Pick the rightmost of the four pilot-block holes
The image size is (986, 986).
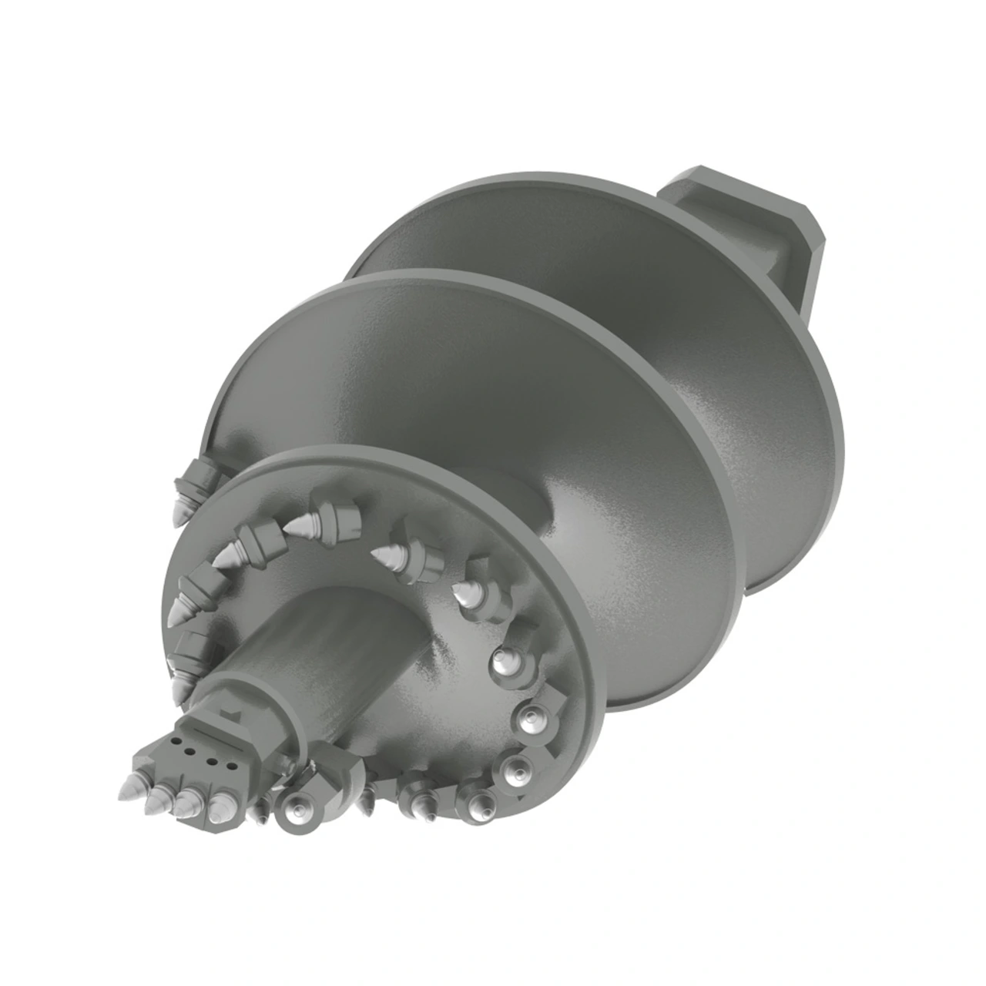coord(229,766)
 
